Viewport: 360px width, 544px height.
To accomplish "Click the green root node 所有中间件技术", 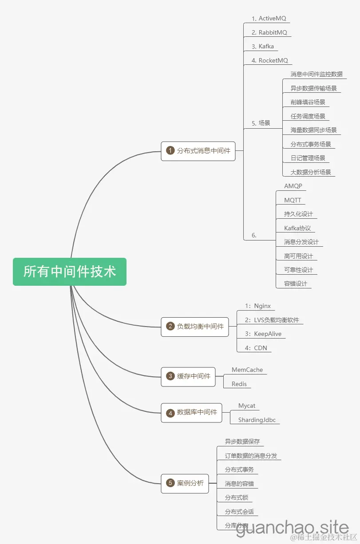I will coord(70,272).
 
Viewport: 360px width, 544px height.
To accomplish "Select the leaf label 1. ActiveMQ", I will coord(269,19).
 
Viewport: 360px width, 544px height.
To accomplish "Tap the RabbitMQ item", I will coord(269,32).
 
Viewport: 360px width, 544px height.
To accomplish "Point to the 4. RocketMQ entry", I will coord(270,60).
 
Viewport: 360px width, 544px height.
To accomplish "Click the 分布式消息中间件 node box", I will coord(198,151).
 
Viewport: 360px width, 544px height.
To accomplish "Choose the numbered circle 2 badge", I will coord(170,327).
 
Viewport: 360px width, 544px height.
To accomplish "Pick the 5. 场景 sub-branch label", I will coord(261,123).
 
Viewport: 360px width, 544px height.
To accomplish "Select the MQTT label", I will coord(293,200).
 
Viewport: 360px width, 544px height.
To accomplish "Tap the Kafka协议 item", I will coord(297,228).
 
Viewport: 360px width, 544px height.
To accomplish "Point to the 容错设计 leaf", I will coord(296,284).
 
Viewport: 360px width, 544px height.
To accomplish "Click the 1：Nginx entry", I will coord(258,306).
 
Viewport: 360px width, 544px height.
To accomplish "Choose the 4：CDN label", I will coord(256,348).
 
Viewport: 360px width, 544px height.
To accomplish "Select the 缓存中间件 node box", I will coord(188,376).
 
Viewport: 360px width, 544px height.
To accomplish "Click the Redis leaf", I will coord(239,384).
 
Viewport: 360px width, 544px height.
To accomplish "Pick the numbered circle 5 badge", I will coord(170,483).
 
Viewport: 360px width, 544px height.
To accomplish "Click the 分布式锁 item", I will coord(236,497).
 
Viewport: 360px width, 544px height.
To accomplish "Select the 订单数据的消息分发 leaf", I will coord(251,456).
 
